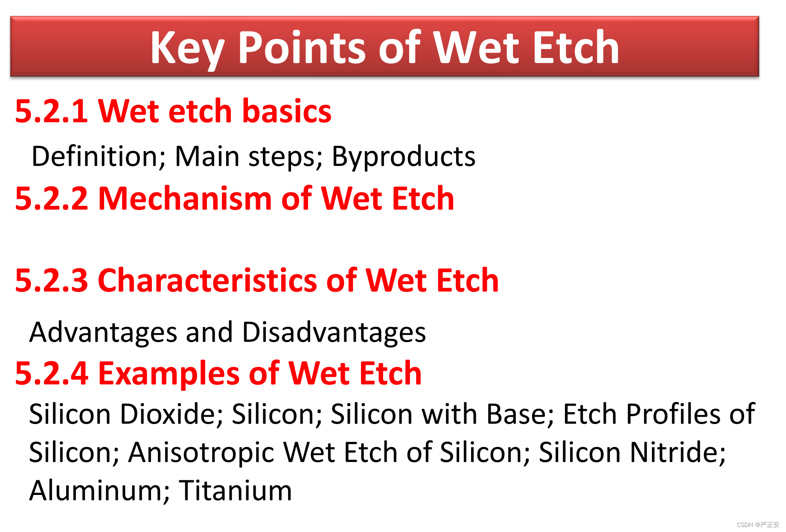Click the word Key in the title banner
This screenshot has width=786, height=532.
click(x=187, y=49)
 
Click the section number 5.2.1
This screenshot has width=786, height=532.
click(x=52, y=111)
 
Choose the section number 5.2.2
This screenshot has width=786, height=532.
click(x=52, y=199)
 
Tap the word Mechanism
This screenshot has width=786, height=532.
click(x=185, y=198)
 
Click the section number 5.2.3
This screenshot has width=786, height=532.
click(x=52, y=281)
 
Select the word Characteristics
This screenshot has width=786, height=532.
click(x=208, y=280)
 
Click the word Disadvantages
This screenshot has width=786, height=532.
click(x=334, y=332)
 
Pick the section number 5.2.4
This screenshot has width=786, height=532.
click(x=52, y=374)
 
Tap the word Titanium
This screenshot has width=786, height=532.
click(x=236, y=490)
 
